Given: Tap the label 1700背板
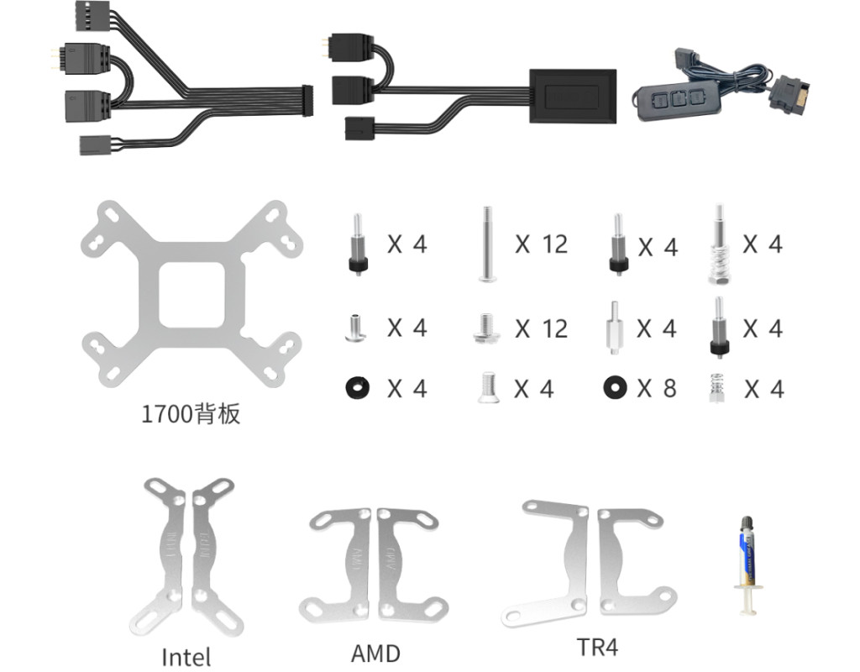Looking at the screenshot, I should click(x=191, y=413).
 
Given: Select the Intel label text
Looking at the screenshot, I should click(x=186, y=656).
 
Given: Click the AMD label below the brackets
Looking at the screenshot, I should click(x=375, y=653).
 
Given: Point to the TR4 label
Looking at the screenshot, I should click(x=598, y=647).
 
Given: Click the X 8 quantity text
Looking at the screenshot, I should click(x=656, y=388).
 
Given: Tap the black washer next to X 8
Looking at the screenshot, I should click(x=616, y=387).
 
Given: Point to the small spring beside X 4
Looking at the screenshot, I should click(x=716, y=388).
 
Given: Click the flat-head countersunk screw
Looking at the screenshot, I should click(x=488, y=388).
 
